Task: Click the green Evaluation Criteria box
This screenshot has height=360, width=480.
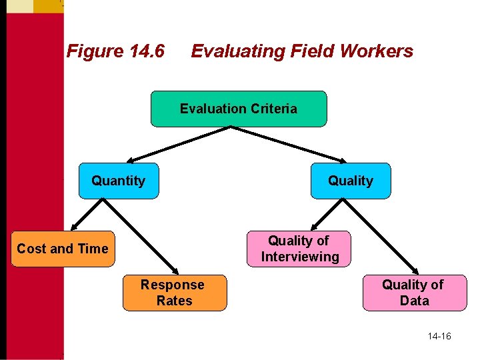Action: [x=239, y=109]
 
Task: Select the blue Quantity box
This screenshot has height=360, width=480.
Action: [x=119, y=181]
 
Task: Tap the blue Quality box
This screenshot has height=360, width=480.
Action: [x=351, y=181]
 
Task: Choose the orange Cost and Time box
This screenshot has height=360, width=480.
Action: [x=63, y=249]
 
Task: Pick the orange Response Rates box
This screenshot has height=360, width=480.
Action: [x=174, y=293]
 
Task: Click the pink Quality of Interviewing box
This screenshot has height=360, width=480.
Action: [x=299, y=249]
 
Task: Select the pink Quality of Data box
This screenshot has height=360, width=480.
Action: [x=414, y=293]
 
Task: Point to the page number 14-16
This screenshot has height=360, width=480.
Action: [x=439, y=336]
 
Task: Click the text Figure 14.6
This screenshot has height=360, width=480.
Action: [x=115, y=51]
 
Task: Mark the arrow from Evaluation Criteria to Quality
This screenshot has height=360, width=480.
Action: [x=293, y=144]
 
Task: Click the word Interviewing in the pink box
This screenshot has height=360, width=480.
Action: [x=300, y=257]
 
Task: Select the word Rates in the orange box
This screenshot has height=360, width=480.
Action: [x=174, y=301]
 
